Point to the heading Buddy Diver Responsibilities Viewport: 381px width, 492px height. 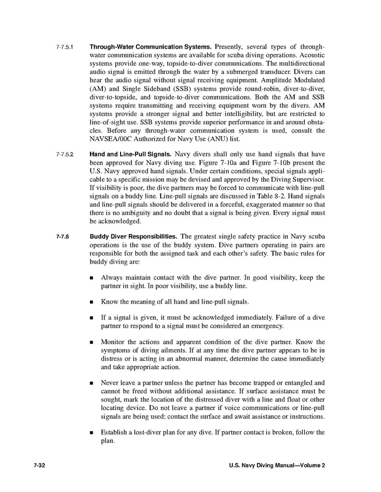133,236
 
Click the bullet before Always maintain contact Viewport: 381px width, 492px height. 92,278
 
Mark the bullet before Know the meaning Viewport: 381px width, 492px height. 92,302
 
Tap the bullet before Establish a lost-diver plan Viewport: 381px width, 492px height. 92,432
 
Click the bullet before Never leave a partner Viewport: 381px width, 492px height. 92,383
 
